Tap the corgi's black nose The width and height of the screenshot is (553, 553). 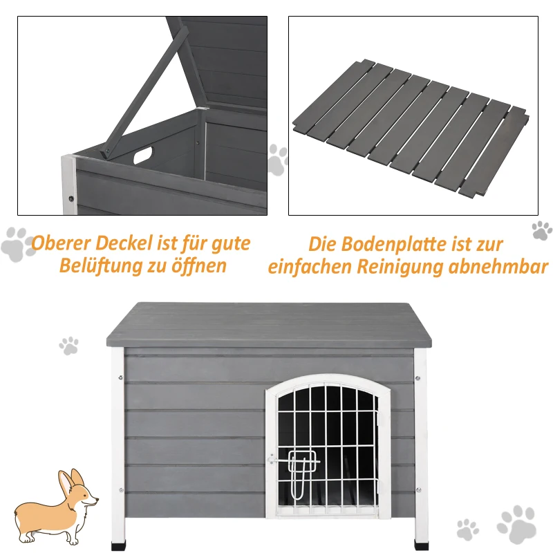(96, 500)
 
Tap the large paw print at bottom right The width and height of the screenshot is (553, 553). (516, 523)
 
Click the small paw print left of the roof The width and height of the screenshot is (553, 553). (68, 346)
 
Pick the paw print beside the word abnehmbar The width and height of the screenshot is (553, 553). (541, 230)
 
